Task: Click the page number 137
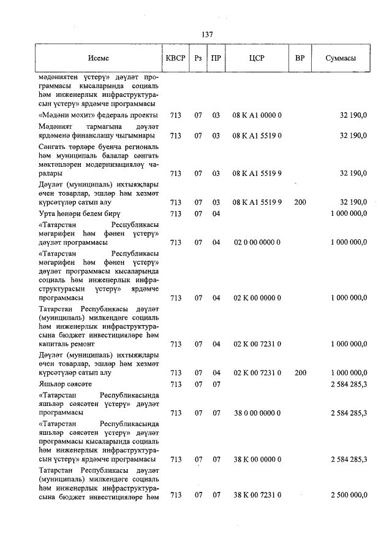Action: click(x=206, y=34)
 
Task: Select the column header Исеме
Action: click(x=98, y=59)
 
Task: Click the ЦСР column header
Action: click(x=257, y=59)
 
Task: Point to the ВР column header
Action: click(x=300, y=59)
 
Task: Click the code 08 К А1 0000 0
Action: click(x=257, y=115)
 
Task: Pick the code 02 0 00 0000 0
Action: click(x=257, y=242)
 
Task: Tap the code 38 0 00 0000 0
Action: click(x=257, y=413)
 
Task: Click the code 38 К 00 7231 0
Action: click(x=257, y=495)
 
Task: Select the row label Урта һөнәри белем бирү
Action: click(x=79, y=213)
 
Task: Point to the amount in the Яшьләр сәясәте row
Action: click(x=349, y=384)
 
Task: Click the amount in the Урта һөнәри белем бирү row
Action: click(x=349, y=213)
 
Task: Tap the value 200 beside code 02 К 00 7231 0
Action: click(x=300, y=372)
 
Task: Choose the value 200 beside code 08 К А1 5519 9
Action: click(x=300, y=202)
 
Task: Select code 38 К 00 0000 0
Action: click(x=257, y=459)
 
